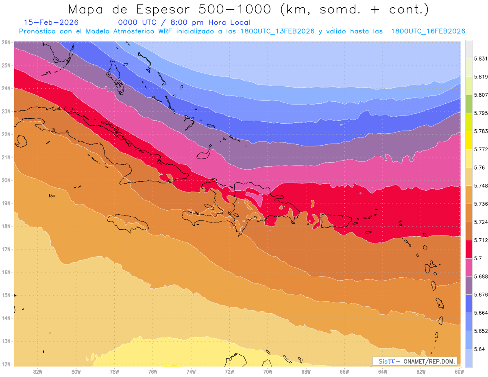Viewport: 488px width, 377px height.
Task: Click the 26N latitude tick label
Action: click(6, 42)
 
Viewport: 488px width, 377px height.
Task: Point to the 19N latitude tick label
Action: click(6, 203)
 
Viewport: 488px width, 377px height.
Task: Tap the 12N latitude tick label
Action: click(6, 364)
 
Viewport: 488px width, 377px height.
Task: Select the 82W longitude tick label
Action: click(38, 371)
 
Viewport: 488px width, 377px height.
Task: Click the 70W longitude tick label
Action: click(268, 371)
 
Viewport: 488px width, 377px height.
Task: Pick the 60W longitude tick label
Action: click(459, 371)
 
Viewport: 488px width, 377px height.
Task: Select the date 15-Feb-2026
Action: click(51, 23)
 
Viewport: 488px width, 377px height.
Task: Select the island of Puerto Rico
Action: click(336, 222)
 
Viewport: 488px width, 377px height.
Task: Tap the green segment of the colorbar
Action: click(469, 104)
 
